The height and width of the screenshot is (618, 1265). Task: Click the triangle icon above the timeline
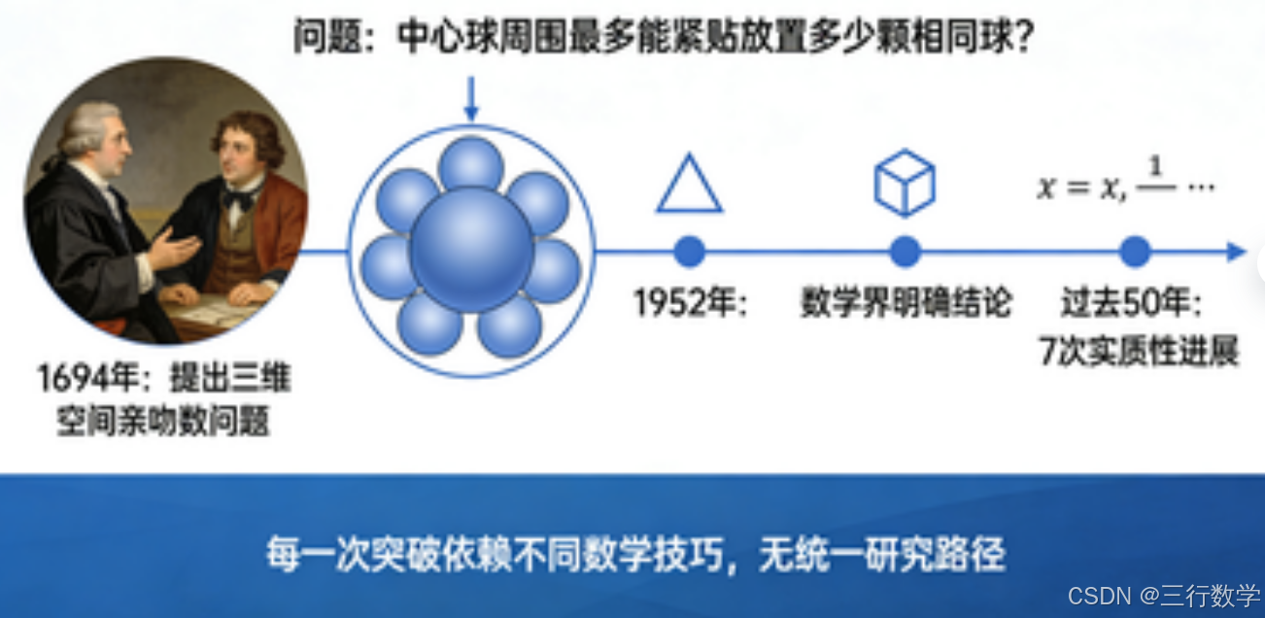[x=689, y=185]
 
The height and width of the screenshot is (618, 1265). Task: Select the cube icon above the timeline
[x=905, y=183]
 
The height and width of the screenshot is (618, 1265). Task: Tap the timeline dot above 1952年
[x=689, y=252]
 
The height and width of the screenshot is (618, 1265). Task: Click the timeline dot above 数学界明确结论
[x=905, y=252]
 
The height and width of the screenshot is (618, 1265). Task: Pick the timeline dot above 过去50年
[x=1134, y=252]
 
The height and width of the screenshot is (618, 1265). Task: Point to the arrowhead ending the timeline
[x=1236, y=252]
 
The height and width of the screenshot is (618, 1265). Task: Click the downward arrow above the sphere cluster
[x=471, y=99]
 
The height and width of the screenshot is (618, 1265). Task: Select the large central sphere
[x=471, y=249]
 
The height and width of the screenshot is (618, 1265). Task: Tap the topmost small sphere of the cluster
[x=471, y=163]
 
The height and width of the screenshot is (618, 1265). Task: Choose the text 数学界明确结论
[x=906, y=304]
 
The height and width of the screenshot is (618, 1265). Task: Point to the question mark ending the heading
[x=1020, y=39]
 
